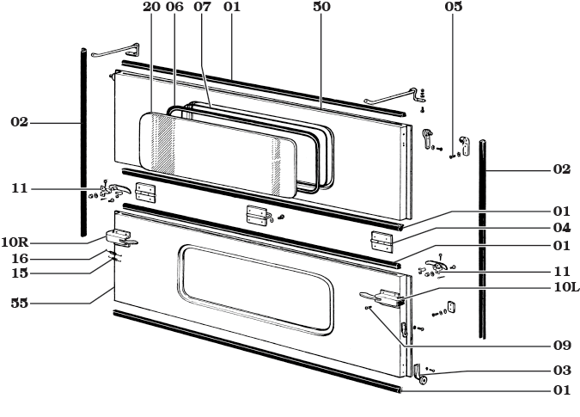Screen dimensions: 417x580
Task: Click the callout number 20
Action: click(152, 7)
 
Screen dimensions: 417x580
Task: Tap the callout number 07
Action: click(203, 7)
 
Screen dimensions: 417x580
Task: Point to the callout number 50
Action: click(320, 7)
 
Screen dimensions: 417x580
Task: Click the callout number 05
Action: click(454, 7)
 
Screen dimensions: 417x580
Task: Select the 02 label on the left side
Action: click(19, 123)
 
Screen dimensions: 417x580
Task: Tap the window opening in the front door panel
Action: click(255, 287)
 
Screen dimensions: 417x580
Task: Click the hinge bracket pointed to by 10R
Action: click(118, 236)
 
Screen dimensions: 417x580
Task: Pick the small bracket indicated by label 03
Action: click(419, 374)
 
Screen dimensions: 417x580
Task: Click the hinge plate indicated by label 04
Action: click(382, 240)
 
